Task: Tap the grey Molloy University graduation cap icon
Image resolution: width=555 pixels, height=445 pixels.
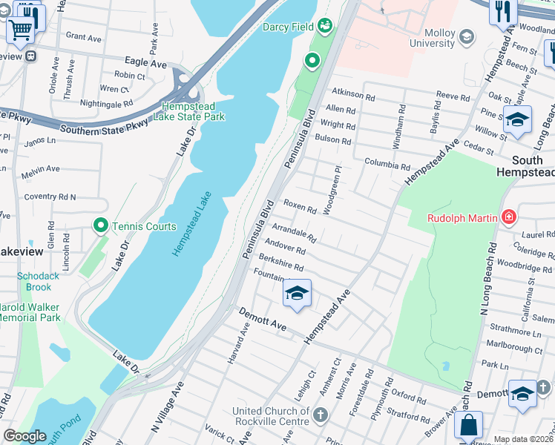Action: pyautogui.click(x=467, y=36)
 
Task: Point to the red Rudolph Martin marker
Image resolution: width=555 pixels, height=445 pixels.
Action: pyautogui.click(x=509, y=217)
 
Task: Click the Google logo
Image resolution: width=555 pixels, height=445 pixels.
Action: pyautogui.click(x=25, y=436)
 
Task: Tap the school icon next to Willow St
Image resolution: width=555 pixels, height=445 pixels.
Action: pyautogui.click(x=517, y=119)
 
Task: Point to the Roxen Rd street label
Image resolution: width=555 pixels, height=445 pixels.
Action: pyautogui.click(x=300, y=211)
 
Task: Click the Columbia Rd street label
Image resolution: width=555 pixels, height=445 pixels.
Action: pyautogui.click(x=387, y=163)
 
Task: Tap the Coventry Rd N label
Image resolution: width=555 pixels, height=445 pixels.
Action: pyautogui.click(x=50, y=197)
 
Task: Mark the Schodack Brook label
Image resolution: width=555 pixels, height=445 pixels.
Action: pyautogui.click(x=34, y=282)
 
